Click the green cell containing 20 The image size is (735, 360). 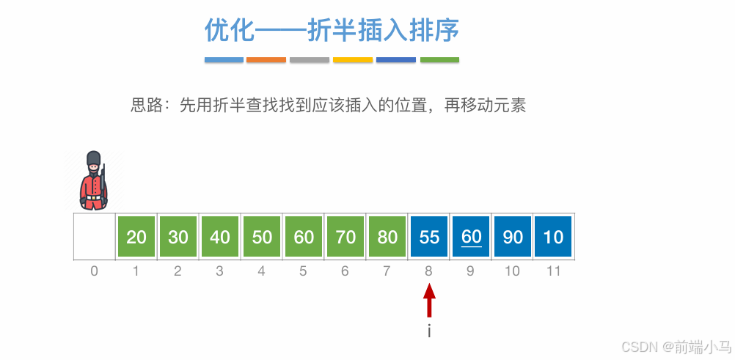click(x=136, y=237)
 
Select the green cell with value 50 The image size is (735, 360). click(x=262, y=237)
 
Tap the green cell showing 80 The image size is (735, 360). click(x=387, y=237)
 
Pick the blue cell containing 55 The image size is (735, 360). click(x=429, y=237)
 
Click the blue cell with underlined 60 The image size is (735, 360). click(x=471, y=237)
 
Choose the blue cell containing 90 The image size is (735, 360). click(x=513, y=237)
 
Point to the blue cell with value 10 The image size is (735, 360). click(x=554, y=237)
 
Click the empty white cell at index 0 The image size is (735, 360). click(x=94, y=237)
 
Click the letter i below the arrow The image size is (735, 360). click(x=429, y=331)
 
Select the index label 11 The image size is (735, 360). click(x=554, y=271)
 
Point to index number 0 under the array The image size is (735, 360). click(x=94, y=271)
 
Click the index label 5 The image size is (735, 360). click(x=304, y=271)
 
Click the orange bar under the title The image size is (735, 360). click(x=266, y=60)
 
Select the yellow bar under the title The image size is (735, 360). click(x=353, y=60)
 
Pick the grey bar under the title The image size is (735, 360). click(x=310, y=60)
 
